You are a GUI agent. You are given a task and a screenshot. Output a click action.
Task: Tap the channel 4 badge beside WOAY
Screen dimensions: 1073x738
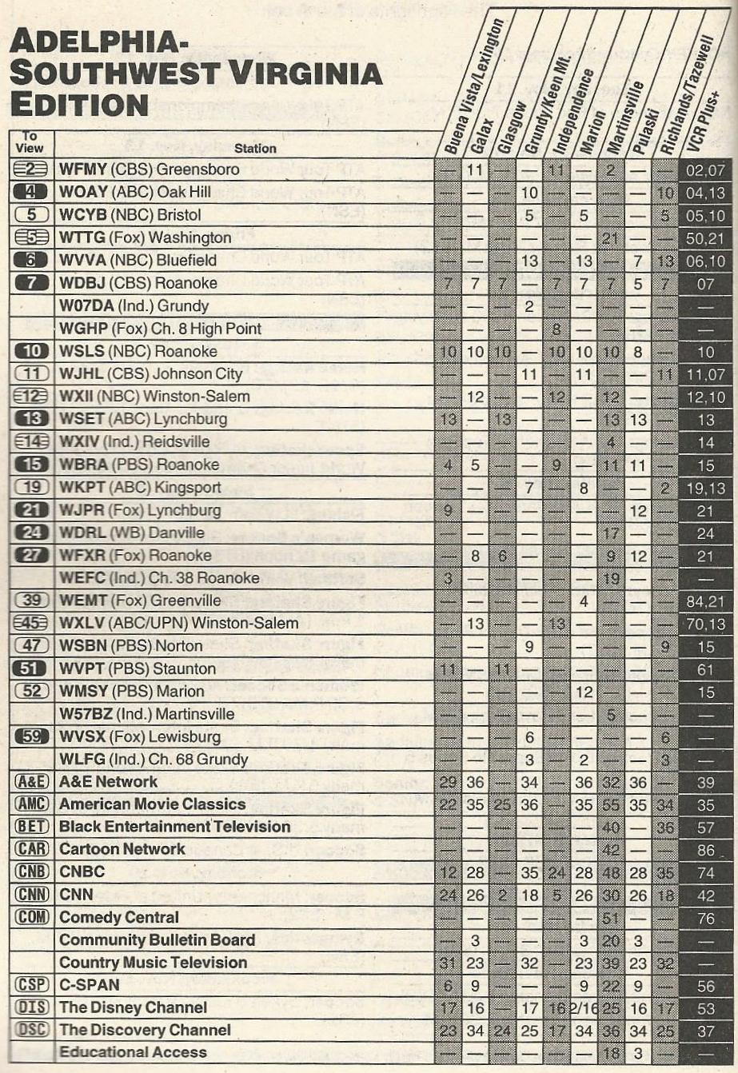click(31, 192)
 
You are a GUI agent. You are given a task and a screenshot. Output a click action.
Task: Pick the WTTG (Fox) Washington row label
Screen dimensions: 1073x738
click(145, 237)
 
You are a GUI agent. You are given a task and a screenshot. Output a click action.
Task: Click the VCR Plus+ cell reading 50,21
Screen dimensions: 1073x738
click(704, 237)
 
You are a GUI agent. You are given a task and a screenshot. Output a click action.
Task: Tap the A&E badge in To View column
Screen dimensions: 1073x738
click(31, 782)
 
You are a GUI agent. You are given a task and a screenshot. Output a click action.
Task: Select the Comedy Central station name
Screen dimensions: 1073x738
click(119, 917)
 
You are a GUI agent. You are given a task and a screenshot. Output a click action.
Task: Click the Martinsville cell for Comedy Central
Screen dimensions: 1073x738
click(611, 917)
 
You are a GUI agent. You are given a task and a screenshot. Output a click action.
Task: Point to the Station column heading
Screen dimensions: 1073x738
click(255, 148)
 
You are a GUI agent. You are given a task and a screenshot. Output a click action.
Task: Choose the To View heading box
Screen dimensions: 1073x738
click(29, 142)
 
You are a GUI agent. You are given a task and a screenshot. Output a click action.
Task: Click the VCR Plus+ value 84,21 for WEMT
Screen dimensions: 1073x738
click(704, 600)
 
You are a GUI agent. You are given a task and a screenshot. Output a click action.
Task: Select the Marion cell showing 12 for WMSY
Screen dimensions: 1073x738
click(584, 691)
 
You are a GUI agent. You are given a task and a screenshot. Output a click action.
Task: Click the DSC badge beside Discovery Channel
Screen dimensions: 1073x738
click(31, 1030)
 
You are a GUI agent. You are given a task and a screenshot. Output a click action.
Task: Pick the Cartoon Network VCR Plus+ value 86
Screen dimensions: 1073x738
click(704, 849)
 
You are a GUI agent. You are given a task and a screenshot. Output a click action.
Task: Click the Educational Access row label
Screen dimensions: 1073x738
click(133, 1052)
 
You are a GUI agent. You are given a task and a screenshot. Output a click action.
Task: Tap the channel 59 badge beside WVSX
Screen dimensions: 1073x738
click(31, 736)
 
